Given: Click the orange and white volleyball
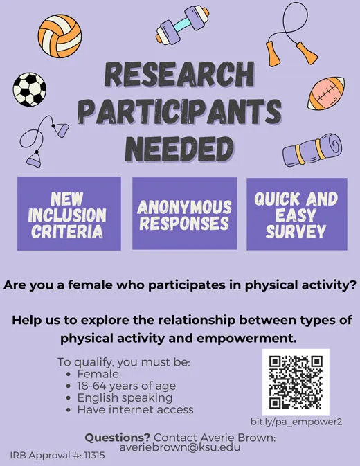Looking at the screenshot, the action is click(x=60, y=36).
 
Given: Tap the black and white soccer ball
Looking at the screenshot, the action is click(x=30, y=90).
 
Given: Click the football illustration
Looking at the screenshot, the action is click(x=326, y=93).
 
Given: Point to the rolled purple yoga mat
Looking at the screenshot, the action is click(x=312, y=150).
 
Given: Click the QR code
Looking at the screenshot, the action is click(x=296, y=382).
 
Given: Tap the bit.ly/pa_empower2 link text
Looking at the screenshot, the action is click(x=296, y=422).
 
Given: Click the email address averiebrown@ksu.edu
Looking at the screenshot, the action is click(x=180, y=447).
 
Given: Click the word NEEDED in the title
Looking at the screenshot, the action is click(x=179, y=150).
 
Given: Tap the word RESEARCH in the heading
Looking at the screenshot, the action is click(x=180, y=74).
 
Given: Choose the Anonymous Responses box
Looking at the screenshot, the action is click(x=184, y=213).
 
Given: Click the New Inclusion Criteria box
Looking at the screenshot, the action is click(x=69, y=213).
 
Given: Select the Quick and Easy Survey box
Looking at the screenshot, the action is click(x=297, y=214).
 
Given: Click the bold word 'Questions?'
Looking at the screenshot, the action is click(x=118, y=438).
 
